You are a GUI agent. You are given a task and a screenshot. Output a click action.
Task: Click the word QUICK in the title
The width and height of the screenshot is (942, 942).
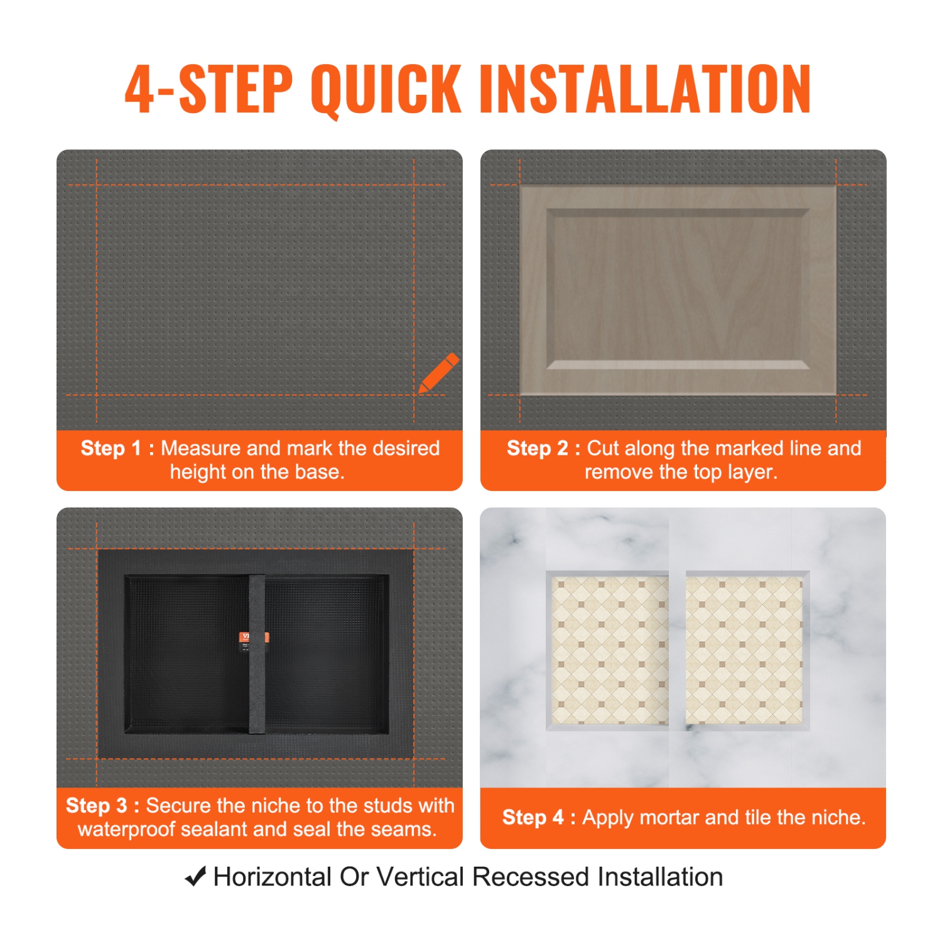click(386, 89)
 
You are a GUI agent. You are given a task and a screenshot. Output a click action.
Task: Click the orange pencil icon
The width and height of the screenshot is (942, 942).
click(438, 373)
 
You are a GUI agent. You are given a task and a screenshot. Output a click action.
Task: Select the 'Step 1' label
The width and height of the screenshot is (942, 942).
click(111, 448)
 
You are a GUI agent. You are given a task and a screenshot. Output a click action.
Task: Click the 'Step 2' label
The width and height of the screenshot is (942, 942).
click(537, 448)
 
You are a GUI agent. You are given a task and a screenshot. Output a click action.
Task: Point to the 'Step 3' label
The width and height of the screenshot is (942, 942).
click(96, 806)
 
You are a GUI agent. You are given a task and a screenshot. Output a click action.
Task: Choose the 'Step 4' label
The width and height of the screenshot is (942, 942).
click(533, 818)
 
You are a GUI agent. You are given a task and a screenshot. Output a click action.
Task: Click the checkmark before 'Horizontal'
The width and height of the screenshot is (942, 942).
click(196, 877)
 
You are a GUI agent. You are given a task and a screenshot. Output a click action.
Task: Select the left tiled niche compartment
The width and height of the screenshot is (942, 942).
click(609, 650)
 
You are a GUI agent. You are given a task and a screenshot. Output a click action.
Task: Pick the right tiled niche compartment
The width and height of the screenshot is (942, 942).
click(744, 650)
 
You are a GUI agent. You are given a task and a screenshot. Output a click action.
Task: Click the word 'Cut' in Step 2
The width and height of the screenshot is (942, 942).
click(603, 448)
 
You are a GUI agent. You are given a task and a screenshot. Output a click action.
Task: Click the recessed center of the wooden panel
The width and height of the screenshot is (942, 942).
click(678, 289)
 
